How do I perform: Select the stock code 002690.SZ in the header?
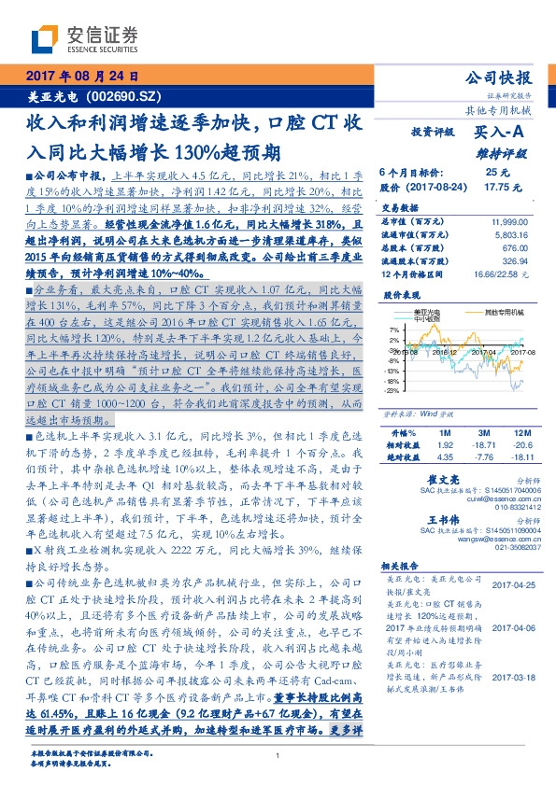[x=122, y=96]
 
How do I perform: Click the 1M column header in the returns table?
[x=445, y=435]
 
